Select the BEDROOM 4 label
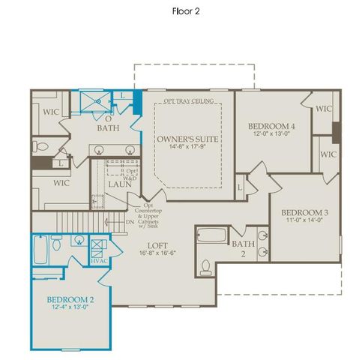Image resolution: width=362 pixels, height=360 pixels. (271, 127)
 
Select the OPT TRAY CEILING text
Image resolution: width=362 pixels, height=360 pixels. (187, 100)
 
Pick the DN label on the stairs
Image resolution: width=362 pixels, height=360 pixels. (129, 221)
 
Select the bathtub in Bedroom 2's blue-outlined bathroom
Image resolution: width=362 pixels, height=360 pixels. (40, 249)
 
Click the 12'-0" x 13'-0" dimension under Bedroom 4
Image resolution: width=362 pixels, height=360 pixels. (271, 135)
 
